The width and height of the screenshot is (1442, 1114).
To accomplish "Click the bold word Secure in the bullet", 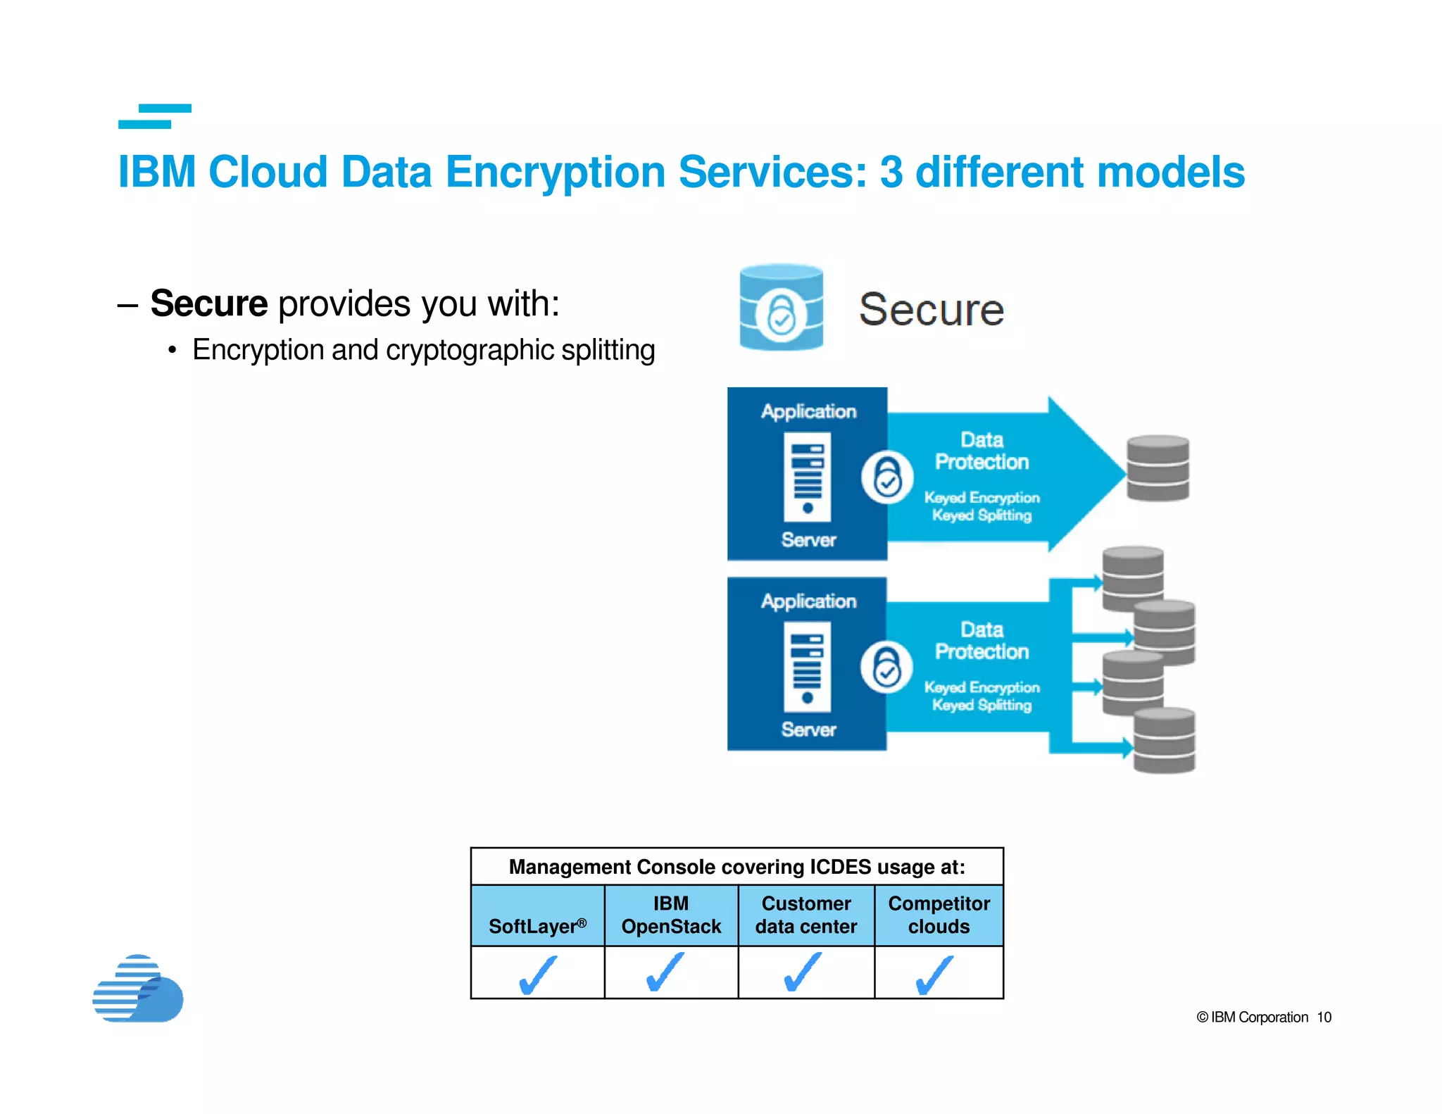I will (x=209, y=303).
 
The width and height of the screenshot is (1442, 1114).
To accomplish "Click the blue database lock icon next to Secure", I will (x=781, y=308).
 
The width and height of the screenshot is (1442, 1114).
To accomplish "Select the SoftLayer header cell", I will (x=537, y=915).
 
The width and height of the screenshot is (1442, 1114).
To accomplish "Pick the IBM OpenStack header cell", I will (x=671, y=915).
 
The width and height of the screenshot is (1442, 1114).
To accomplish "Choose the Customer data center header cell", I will (x=806, y=915).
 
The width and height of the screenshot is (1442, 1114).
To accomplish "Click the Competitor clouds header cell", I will (x=939, y=915).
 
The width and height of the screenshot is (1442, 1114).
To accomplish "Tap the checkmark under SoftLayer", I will (x=537, y=975).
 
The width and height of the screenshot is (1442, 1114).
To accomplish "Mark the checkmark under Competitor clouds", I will (x=935, y=975).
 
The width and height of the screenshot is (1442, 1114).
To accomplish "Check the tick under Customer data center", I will (x=803, y=972).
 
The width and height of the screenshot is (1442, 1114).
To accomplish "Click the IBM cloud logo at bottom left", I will (x=138, y=989).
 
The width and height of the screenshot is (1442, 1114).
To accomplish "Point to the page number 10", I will (x=1324, y=1018).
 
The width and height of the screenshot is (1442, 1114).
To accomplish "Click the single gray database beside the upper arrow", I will (x=1158, y=468).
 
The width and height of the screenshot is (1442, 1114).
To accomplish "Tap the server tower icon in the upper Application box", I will (x=808, y=477).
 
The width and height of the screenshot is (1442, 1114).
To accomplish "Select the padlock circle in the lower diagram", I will (x=886, y=668).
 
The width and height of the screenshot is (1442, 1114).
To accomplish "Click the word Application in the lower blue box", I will (x=808, y=601).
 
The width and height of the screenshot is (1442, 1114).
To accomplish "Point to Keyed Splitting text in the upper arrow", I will (x=982, y=515).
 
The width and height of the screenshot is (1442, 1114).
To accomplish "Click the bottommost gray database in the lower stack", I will (x=1164, y=741).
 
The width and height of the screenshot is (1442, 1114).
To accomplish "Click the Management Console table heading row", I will (x=736, y=867).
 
